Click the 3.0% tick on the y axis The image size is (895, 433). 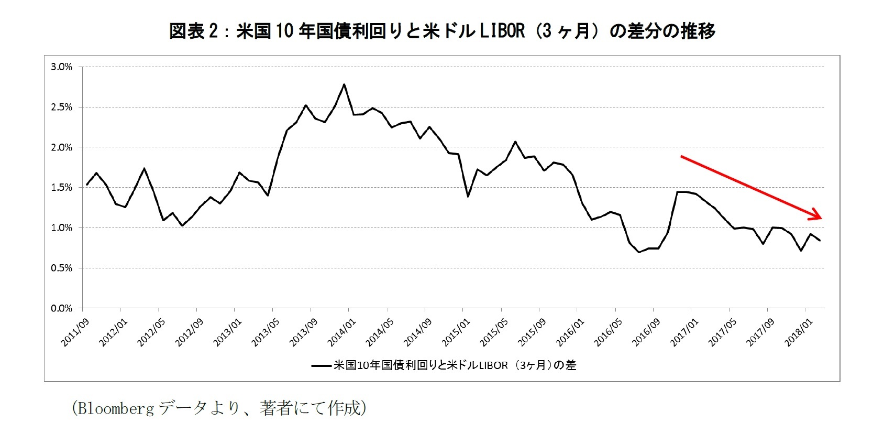pos(61,67)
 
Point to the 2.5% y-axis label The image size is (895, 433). pos(61,107)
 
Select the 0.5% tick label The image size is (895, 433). pos(61,268)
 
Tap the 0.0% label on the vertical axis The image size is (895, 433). pos(61,308)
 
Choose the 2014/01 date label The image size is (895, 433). pos(341,333)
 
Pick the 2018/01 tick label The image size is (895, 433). pos(798,333)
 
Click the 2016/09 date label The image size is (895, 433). pos(646,333)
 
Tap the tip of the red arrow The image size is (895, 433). pos(822,218)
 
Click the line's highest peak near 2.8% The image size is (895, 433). pos(344,84)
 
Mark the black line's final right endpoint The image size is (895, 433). pos(820,241)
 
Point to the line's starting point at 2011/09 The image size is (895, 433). pos(87,185)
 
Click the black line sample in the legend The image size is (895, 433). pos(321,365)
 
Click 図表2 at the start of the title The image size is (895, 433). pos(194,31)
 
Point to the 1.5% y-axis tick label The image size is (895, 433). pos(61,188)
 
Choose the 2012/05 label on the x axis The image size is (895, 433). pos(150,333)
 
